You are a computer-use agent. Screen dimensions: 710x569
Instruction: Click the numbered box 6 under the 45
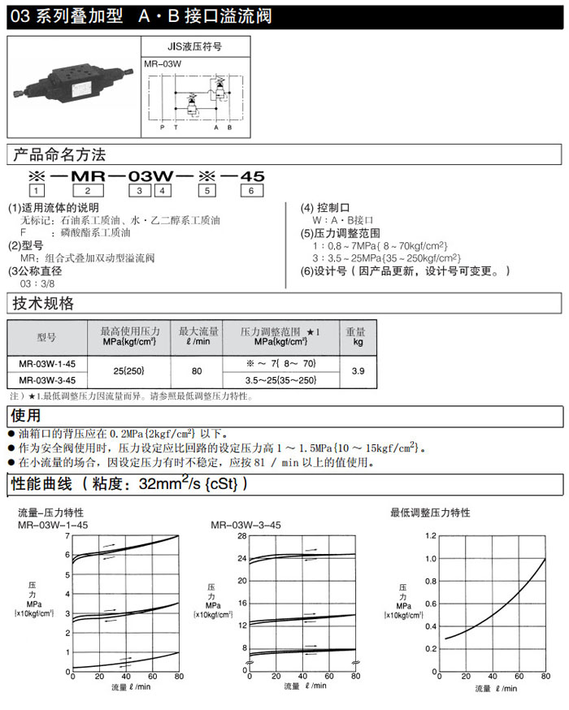(x=251, y=190)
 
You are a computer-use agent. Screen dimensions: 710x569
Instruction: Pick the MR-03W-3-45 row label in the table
(x=47, y=380)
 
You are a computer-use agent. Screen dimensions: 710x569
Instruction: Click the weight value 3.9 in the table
(x=355, y=371)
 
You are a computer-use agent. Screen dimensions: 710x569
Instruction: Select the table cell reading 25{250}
(x=129, y=371)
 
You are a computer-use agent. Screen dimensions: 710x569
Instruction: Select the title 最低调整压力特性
(x=430, y=513)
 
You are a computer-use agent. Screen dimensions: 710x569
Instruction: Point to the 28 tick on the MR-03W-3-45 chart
(x=241, y=536)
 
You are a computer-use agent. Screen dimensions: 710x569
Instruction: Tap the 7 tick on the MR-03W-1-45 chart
(x=67, y=536)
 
